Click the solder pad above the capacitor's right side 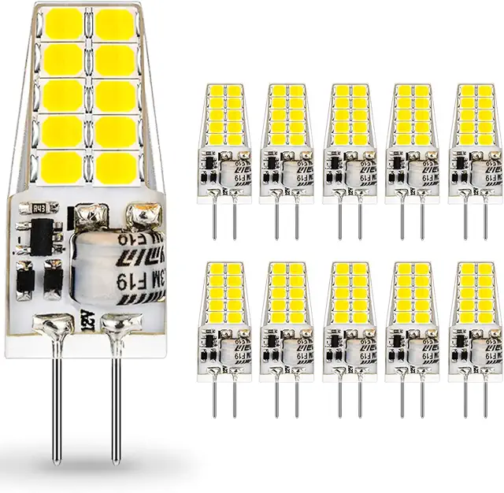pyautogui.click(x=144, y=213)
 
